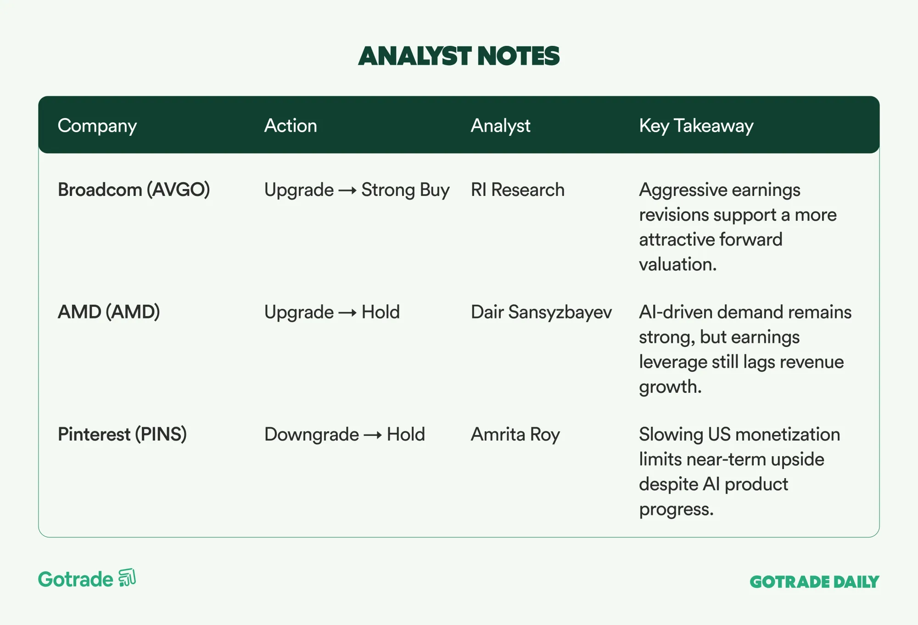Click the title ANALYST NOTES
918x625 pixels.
(x=459, y=56)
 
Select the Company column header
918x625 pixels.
(x=97, y=126)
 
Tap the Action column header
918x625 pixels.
(x=291, y=125)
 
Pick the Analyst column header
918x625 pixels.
(x=500, y=126)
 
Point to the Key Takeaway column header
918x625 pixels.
(x=696, y=126)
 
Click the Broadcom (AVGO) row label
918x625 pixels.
(x=134, y=190)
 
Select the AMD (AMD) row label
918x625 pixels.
(x=109, y=312)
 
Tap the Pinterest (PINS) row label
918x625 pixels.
(x=122, y=435)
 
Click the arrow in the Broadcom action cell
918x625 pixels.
(x=347, y=190)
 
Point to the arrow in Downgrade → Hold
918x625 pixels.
(x=373, y=435)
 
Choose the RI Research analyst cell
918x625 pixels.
(x=518, y=190)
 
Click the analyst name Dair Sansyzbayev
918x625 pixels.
(x=541, y=312)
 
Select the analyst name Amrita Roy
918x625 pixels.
(x=515, y=435)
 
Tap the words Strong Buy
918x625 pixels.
(x=405, y=190)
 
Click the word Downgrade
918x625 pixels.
(x=312, y=435)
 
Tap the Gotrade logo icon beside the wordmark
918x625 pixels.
(x=127, y=578)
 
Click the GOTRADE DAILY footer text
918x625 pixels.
(x=814, y=582)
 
